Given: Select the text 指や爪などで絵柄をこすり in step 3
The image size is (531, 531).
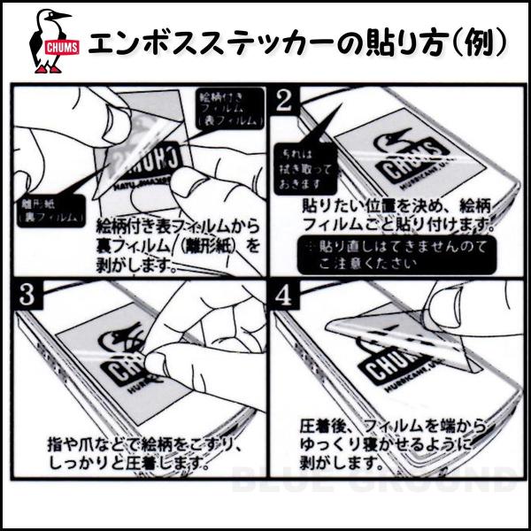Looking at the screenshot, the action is [x=142, y=439].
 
